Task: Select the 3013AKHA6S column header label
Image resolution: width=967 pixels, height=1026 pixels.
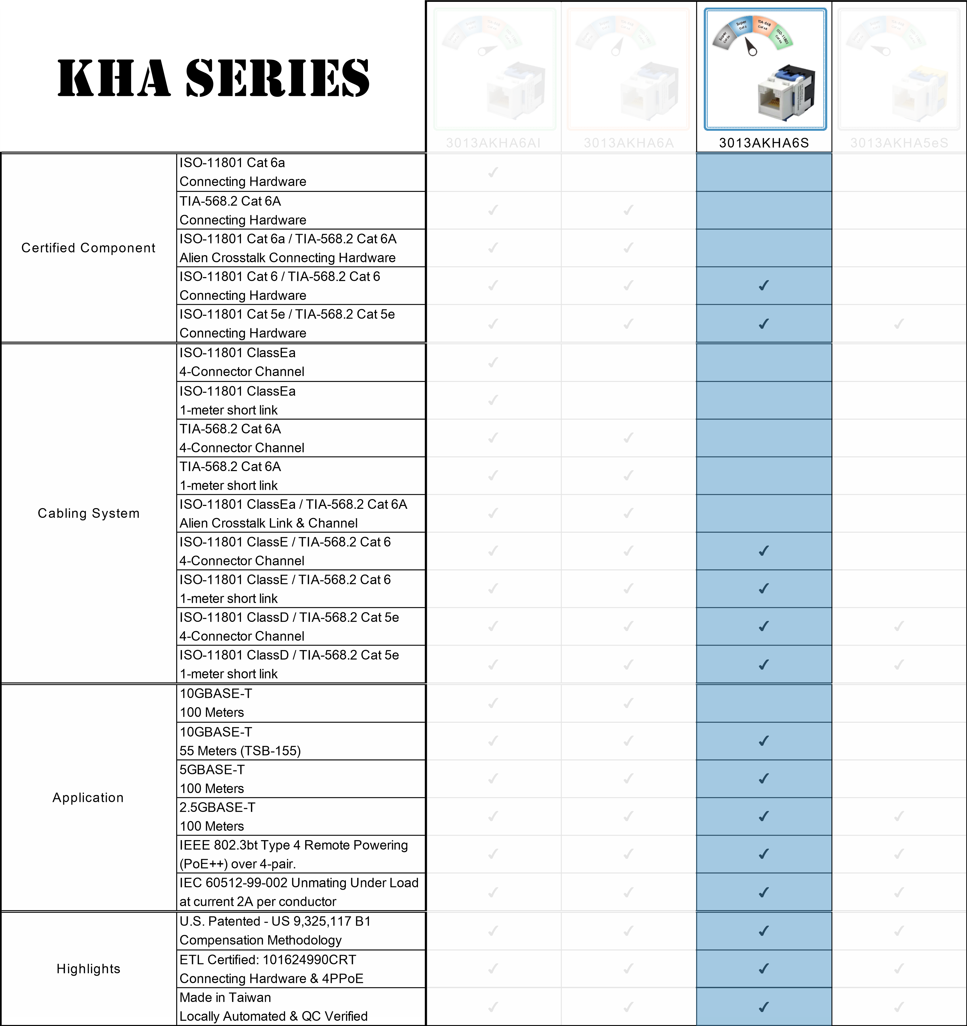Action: click(x=764, y=143)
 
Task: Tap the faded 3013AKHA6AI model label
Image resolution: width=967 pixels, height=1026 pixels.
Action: click(x=493, y=143)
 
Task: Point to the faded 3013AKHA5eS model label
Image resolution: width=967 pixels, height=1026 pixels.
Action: click(x=899, y=143)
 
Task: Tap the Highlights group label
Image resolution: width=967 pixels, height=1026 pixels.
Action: click(x=88, y=969)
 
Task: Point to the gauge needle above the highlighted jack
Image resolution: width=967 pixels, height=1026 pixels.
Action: click(x=750, y=46)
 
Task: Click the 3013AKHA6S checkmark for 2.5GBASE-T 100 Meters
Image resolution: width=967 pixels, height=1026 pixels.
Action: click(x=764, y=817)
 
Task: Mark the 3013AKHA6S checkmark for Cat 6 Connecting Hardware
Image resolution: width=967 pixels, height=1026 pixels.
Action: click(x=764, y=285)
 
